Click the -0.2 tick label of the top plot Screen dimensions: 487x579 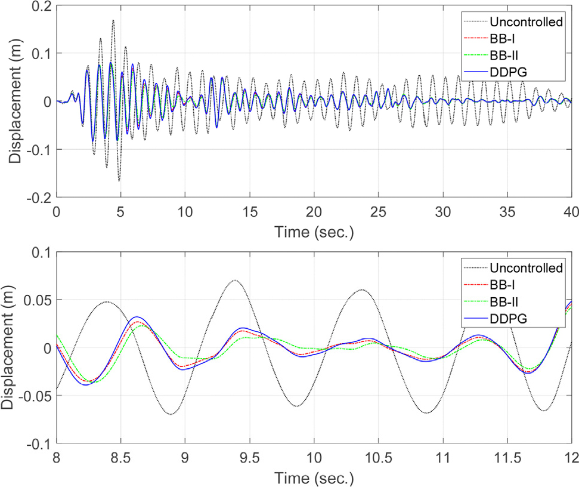pos(38,197)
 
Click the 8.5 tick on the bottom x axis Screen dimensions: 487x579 pos(120,458)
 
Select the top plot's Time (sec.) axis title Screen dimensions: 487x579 pos(314,231)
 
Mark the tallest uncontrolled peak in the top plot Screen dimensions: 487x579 pos(113,20)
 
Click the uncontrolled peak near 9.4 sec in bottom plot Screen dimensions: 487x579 pos(236,280)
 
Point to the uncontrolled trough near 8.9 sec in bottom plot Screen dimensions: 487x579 pos(172,414)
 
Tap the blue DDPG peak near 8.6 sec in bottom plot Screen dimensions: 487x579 pos(137,317)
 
